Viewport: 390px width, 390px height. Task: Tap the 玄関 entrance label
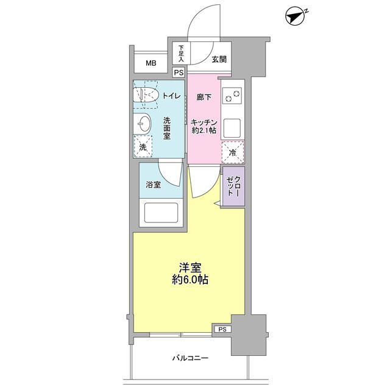[219, 60]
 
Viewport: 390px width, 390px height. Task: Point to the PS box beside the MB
[179, 73]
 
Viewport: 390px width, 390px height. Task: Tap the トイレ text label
[170, 95]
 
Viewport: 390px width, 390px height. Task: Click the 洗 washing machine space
[143, 147]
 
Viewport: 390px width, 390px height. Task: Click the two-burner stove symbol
[232, 96]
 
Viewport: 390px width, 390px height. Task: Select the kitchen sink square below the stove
[232, 128]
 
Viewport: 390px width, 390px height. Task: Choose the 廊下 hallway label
[204, 97]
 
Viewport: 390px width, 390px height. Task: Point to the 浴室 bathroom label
[153, 185]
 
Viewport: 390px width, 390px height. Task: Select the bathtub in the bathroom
[160, 214]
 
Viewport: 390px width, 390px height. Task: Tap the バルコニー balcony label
[190, 358]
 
